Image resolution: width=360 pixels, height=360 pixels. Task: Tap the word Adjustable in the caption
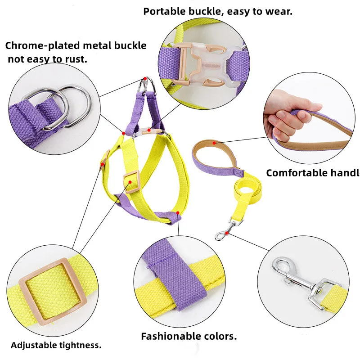click(33, 345)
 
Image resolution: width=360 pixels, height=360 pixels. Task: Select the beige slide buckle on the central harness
click(131, 181)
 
